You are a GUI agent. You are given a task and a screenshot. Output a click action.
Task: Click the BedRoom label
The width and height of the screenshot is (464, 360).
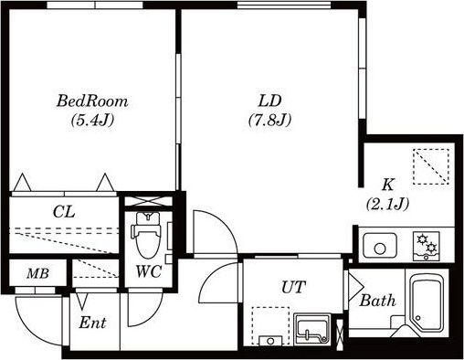(x=92, y=101)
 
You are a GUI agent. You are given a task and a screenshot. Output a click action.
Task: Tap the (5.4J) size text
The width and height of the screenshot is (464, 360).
(x=92, y=121)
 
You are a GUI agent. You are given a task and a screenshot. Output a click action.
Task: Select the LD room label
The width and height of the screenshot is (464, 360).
(x=269, y=101)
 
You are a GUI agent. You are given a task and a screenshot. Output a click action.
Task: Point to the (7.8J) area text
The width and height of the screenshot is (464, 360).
(x=269, y=121)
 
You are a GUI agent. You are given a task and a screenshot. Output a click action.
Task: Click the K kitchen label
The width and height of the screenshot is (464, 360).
(x=388, y=185)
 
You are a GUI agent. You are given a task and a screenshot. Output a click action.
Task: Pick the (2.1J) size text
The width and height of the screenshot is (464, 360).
(x=387, y=204)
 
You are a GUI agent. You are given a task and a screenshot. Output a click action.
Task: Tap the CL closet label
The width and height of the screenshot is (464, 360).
(x=64, y=212)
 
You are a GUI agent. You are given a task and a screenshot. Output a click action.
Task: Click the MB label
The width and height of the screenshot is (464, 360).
(x=37, y=273)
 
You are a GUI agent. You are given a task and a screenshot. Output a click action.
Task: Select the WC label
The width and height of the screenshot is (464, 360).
(x=149, y=271)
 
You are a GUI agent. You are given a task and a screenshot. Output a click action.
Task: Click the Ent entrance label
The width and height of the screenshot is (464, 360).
(x=92, y=323)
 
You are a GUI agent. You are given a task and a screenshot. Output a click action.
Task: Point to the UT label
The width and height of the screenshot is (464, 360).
(x=293, y=287)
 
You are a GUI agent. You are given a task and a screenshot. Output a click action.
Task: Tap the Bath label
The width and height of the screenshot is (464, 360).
(x=377, y=301)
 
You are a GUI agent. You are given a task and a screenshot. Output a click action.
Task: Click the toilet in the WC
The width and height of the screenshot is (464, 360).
(x=146, y=235)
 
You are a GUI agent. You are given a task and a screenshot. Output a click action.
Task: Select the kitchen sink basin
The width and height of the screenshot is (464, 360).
(x=380, y=246)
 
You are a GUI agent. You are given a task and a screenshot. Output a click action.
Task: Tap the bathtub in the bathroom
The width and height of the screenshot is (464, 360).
(x=427, y=302)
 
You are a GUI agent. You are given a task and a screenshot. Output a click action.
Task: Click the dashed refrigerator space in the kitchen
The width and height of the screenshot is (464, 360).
(x=431, y=166)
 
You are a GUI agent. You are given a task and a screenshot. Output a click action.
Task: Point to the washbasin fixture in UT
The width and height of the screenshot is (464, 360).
(x=311, y=329)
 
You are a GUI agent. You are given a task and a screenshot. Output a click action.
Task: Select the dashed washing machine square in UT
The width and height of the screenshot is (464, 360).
(x=270, y=326)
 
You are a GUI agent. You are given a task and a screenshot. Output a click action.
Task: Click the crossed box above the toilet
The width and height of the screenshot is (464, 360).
(x=149, y=201)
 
